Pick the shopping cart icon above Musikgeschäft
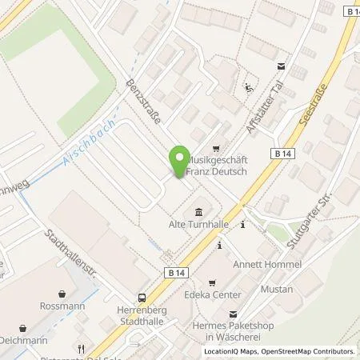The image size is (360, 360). pyautogui.click(x=215, y=149)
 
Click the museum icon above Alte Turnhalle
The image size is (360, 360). pyautogui.click(x=198, y=211)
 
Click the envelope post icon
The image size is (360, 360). pyautogui.click(x=280, y=66)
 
